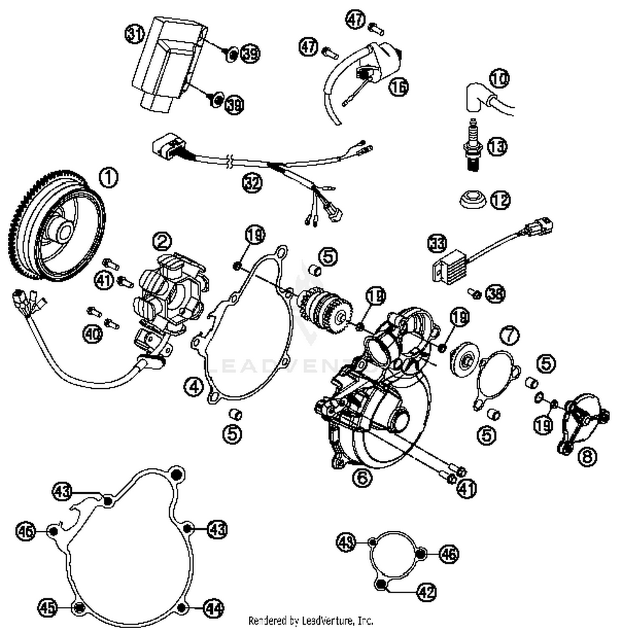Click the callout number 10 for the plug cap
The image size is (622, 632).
coord(500,78)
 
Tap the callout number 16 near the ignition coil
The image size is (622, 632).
coord(399,87)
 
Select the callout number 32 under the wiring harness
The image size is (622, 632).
coord(253,183)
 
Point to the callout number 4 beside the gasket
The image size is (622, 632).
coord(194,387)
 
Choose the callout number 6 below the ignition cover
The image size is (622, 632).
coord(362,477)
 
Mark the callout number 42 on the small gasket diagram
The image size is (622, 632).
coord(426,592)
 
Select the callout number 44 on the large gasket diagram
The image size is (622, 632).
coord(214,608)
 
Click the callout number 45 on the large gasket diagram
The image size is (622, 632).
coord(48,608)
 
